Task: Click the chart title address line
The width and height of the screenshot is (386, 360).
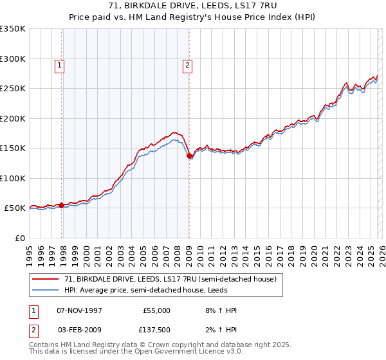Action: (192, 6)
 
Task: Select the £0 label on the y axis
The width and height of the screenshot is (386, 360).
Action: (21, 238)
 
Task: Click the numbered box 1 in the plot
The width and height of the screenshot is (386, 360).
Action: (59, 64)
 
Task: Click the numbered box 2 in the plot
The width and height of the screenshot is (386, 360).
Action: (187, 64)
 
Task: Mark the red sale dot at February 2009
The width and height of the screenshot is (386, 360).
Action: (190, 156)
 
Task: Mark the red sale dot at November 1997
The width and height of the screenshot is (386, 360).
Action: (62, 205)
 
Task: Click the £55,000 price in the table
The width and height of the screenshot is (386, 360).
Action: (156, 310)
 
